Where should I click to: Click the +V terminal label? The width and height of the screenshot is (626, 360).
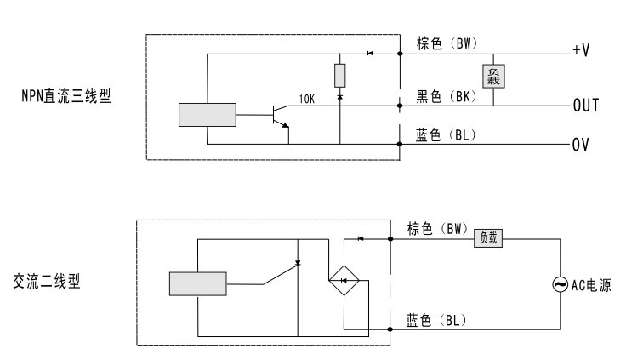point(581,50)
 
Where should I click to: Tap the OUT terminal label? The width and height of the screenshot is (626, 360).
point(586,106)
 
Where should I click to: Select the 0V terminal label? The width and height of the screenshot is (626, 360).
point(580,145)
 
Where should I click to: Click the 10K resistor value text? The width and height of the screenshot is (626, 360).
point(307,99)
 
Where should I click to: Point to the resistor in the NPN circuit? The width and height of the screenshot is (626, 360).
point(339,75)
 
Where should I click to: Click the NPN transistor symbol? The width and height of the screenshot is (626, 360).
point(281,117)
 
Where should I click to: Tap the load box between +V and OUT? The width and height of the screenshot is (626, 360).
point(493,76)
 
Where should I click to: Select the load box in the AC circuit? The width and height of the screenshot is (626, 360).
point(488,238)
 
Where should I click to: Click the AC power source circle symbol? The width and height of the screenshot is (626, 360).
point(561,284)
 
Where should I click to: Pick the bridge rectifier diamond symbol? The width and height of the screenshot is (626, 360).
point(344,281)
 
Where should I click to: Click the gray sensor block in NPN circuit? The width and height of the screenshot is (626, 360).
point(208,115)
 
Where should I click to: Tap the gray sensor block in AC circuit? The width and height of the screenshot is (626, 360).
point(197,284)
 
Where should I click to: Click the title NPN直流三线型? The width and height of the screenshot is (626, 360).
point(65,96)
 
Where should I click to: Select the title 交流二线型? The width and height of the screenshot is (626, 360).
point(46,282)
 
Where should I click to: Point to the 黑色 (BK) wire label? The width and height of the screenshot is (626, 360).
point(447,96)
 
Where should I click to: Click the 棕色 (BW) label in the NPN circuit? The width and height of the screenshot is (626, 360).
point(447,43)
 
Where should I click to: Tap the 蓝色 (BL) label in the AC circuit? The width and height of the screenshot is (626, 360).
point(436,320)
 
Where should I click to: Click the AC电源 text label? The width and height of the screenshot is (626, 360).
point(591,285)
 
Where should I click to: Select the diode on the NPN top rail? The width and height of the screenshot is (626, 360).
point(370,53)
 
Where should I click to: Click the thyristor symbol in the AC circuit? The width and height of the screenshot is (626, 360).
point(298,263)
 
